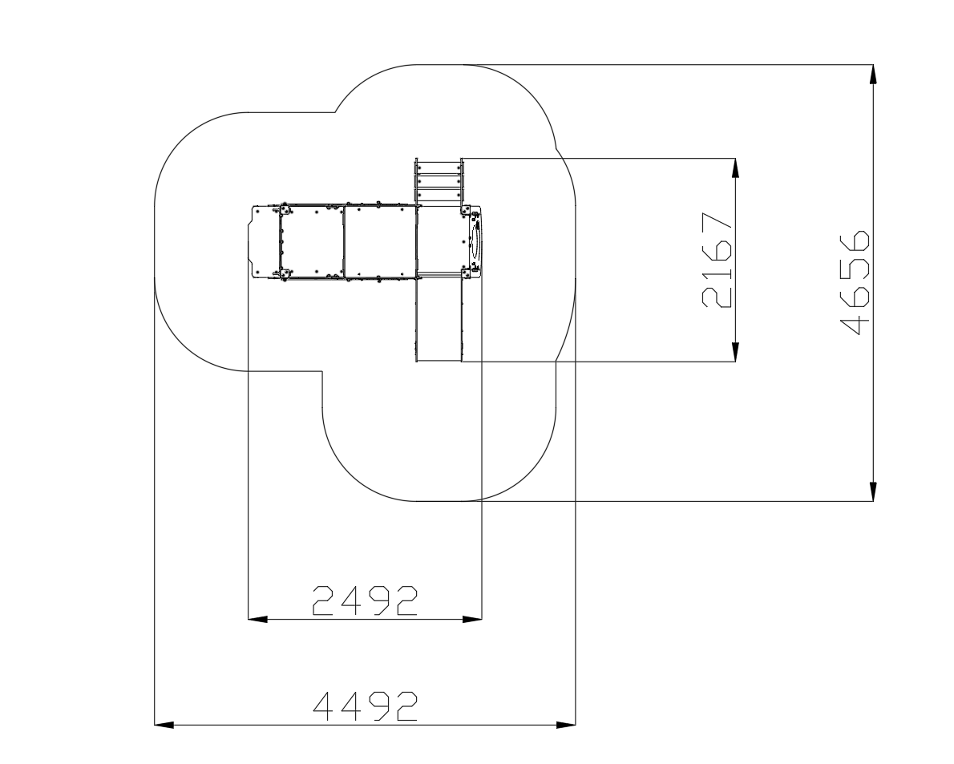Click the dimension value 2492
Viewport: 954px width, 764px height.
(x=365, y=601)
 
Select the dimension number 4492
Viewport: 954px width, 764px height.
(x=365, y=706)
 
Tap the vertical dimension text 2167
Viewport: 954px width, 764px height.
(x=717, y=261)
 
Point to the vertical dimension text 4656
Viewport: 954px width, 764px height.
(x=855, y=282)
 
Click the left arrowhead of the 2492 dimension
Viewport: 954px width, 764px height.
(x=257, y=619)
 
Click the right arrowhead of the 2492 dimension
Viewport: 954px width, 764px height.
(x=472, y=619)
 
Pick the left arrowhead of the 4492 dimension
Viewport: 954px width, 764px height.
(x=164, y=725)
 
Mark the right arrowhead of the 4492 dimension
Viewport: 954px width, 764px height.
(x=566, y=725)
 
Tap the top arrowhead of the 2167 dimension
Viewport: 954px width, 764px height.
(x=736, y=168)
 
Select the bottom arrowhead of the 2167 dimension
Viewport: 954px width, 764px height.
(x=736, y=352)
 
